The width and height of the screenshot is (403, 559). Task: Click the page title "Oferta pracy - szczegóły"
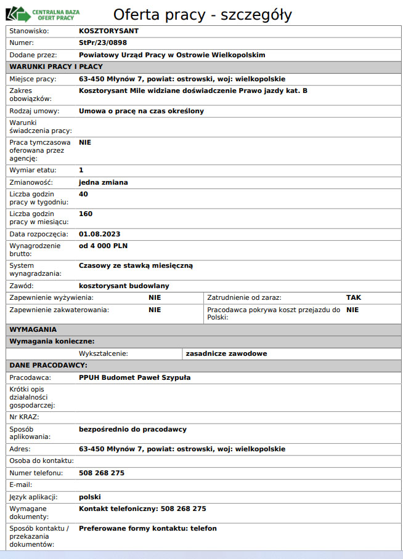[202, 15]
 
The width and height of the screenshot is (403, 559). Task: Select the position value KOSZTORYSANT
[109, 30]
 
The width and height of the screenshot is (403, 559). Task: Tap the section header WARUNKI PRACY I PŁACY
[56, 66]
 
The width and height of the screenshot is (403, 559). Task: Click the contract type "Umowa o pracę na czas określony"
[141, 111]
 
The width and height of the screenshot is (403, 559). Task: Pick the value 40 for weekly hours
[84, 194]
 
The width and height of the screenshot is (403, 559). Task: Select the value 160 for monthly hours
[86, 214]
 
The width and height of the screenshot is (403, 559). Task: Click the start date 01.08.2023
[99, 234]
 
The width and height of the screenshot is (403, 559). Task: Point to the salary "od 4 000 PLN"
[103, 246]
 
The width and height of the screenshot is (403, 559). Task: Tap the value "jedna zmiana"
[104, 182]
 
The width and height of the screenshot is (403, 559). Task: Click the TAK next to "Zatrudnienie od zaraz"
[354, 297]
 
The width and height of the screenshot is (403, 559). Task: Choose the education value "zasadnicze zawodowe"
[226, 353]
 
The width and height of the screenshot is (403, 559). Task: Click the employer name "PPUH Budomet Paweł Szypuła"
[135, 377]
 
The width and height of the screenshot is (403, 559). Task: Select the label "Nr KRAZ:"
[25, 417]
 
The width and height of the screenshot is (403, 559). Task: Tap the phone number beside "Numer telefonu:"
[102, 473]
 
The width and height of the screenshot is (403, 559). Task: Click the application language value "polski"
[89, 497]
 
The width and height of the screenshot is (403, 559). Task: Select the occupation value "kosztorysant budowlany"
[124, 286]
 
